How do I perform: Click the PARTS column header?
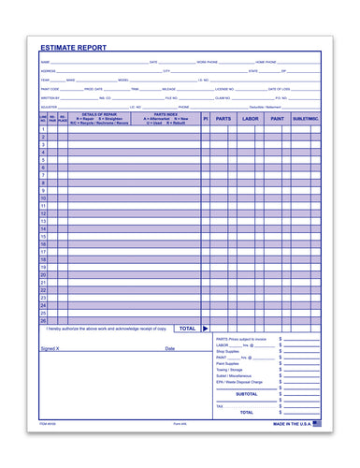click(223, 119)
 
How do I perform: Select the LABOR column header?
click(249, 119)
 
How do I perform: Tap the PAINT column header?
click(276, 119)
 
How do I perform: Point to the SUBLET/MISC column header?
click(305, 119)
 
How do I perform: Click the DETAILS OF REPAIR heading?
click(98, 114)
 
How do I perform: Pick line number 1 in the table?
click(43, 129)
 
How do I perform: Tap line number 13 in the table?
click(43, 221)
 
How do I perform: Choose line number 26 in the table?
click(43, 320)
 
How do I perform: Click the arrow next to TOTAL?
click(205, 329)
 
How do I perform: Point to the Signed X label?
click(50, 348)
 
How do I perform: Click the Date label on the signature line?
click(170, 348)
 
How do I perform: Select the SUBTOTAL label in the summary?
click(246, 394)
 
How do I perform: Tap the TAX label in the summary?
click(220, 406)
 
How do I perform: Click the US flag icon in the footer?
click(316, 423)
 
